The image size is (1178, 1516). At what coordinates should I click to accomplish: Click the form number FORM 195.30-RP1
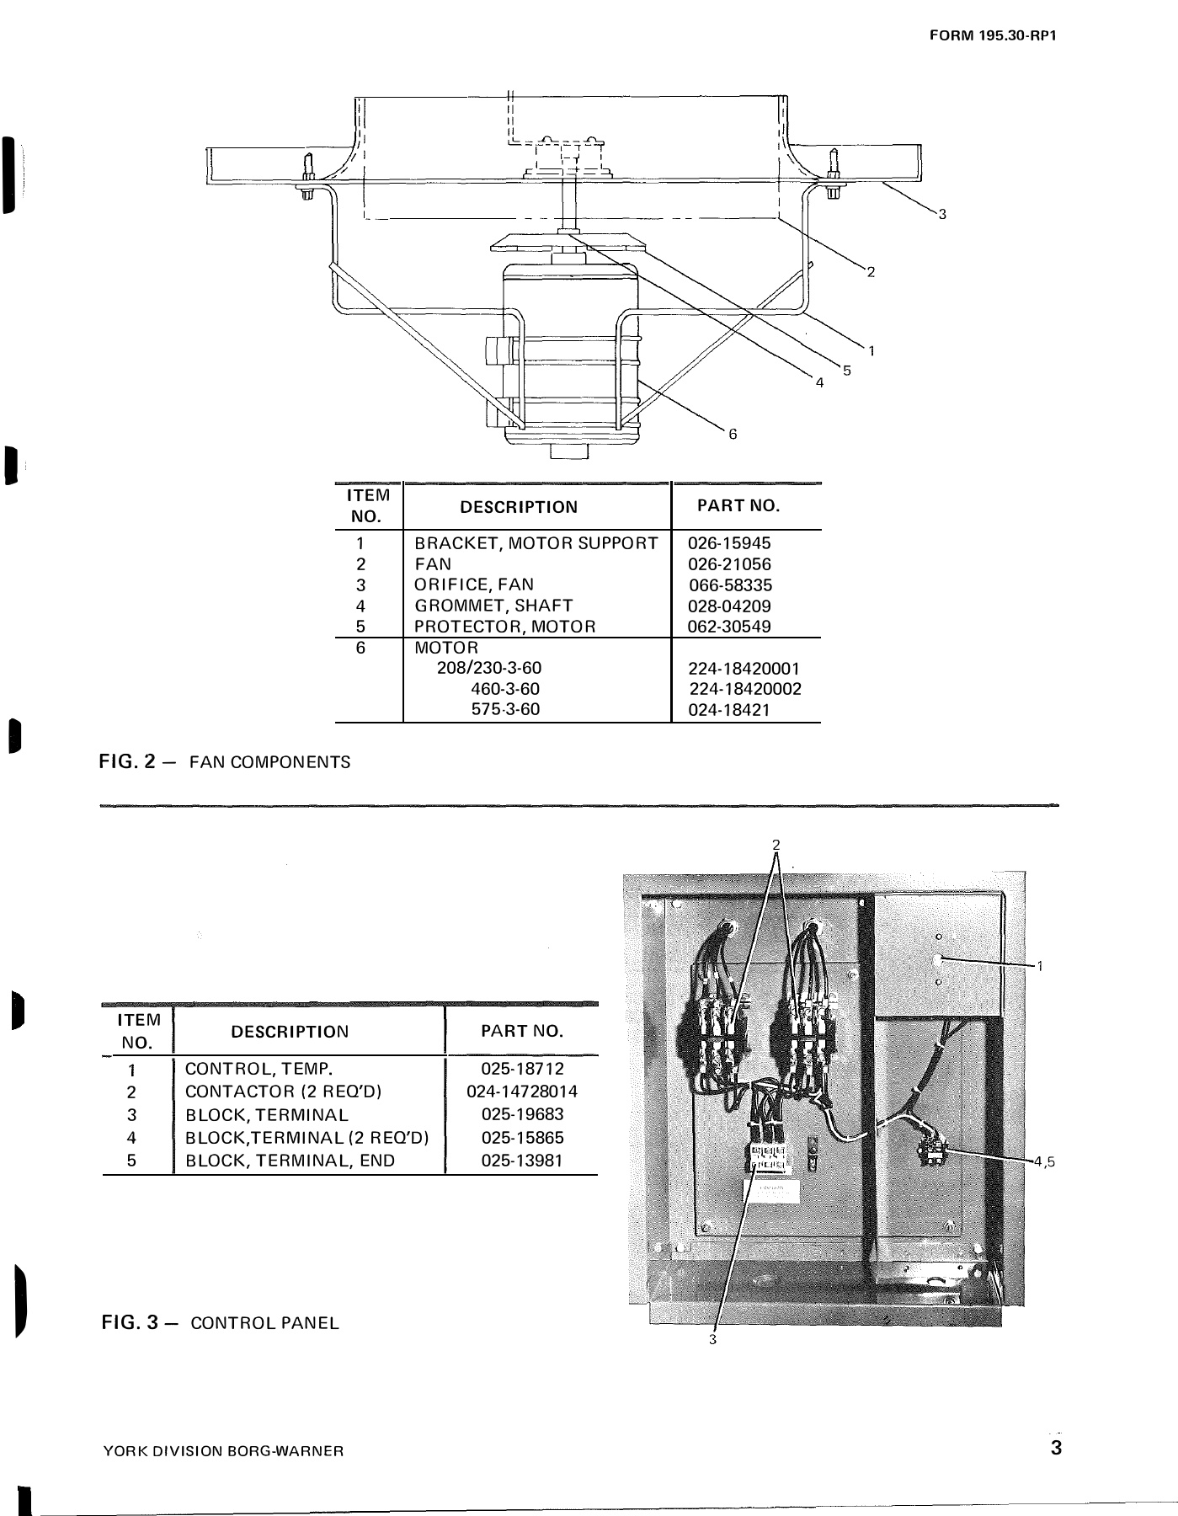992,36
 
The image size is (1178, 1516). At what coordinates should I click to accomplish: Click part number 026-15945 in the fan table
729,543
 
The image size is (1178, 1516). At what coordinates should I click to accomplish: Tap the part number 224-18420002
745,689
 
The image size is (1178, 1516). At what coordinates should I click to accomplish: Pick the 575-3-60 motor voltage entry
504,709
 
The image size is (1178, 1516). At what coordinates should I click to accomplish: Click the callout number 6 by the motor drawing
733,434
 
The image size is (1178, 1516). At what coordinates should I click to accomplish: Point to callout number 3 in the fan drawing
942,214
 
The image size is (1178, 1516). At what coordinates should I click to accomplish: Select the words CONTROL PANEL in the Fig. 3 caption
264,1322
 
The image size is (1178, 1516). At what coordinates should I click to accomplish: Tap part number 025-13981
522,1161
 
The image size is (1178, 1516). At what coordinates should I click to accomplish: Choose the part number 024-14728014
522,1092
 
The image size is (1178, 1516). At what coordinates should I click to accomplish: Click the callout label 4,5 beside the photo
1044,1161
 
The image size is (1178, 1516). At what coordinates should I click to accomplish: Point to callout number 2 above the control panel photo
776,844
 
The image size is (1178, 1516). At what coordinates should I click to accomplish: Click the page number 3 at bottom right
1056,1449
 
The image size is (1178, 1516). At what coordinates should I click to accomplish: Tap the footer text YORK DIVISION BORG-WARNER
223,1451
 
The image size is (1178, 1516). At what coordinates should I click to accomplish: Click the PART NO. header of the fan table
738,506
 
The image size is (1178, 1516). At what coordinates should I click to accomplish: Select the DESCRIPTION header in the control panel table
290,1032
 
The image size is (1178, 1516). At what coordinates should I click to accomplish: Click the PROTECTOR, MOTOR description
505,627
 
